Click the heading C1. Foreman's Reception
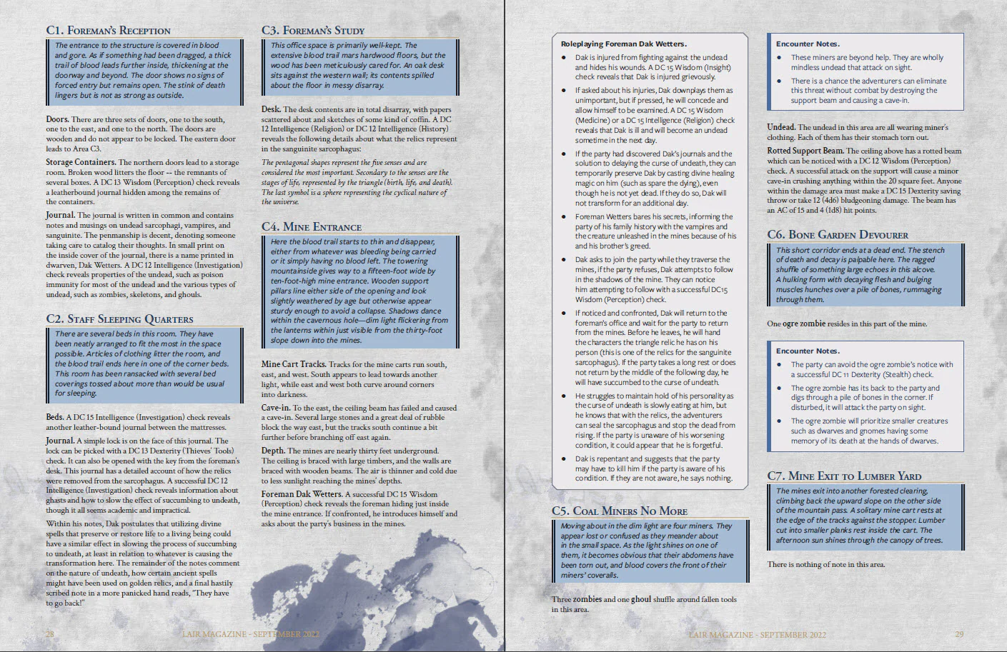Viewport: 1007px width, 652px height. pos(108,30)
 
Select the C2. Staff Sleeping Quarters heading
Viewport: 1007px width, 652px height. pos(119,319)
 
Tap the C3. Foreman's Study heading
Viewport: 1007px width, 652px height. pos(312,30)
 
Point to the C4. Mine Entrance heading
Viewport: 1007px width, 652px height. pos(311,226)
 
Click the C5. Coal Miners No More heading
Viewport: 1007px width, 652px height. pos(619,511)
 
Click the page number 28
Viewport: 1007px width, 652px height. pos(49,634)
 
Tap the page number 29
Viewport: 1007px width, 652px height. pos(959,634)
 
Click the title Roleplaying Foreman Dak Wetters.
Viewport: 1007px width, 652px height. pos(623,44)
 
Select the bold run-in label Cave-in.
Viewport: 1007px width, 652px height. pos(275,408)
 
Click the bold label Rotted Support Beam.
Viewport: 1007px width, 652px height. pos(805,151)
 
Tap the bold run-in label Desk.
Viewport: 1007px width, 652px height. pos(270,110)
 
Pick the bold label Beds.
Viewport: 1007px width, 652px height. pos(54,417)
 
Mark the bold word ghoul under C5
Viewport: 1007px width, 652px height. pos(640,599)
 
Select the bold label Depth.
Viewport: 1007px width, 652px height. pos(273,451)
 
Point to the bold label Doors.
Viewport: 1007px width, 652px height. pos(57,119)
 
